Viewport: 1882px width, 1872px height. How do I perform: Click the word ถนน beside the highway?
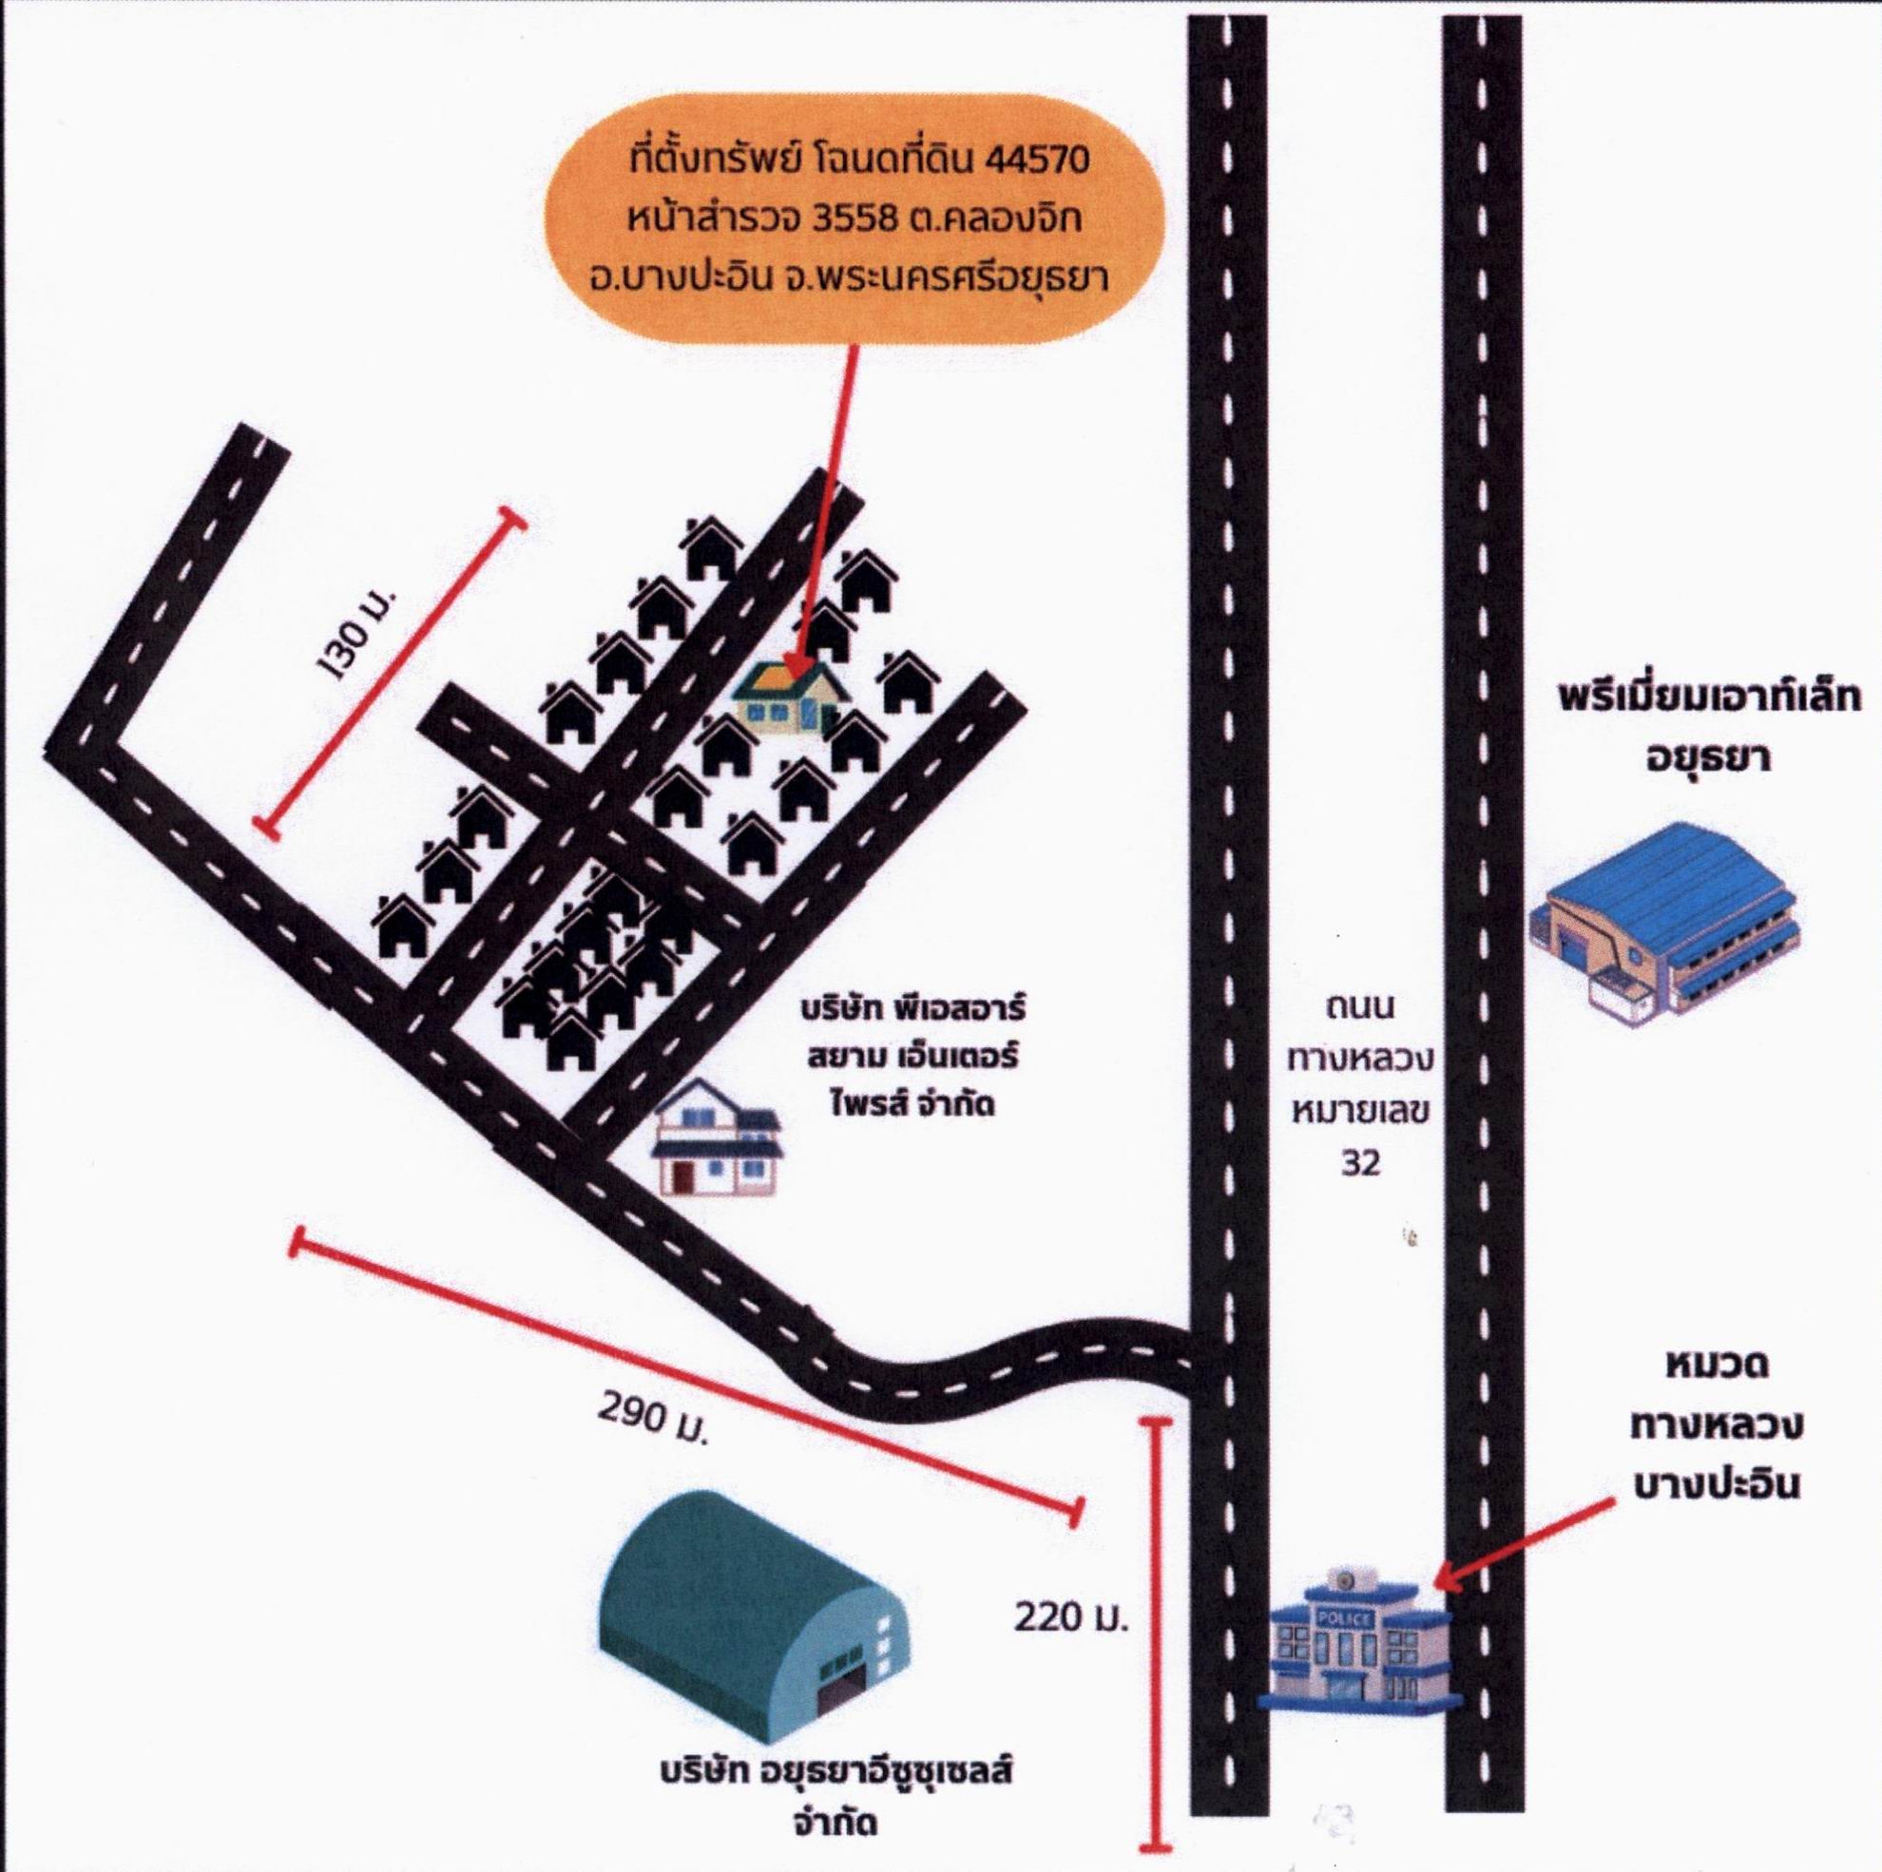click(1361, 1006)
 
